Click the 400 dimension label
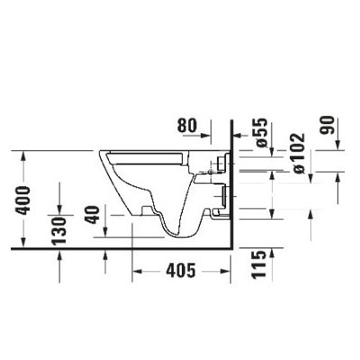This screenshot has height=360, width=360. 23,201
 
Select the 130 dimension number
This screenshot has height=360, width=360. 58,230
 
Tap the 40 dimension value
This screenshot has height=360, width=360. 92,214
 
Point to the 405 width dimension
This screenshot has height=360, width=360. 181,271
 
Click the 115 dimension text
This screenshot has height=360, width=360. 258,265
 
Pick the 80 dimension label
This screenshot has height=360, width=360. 187,125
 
